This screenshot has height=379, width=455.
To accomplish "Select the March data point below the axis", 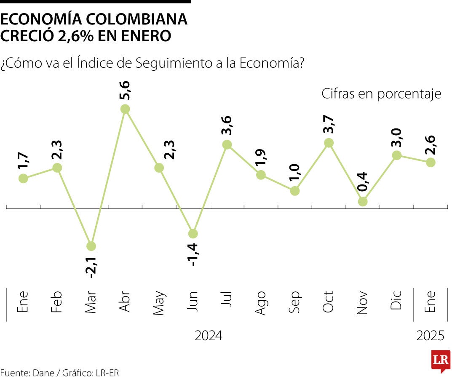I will pos(91,246).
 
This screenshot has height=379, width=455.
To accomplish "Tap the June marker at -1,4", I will pos(193,234).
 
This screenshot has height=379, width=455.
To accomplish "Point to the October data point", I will pos(329,143).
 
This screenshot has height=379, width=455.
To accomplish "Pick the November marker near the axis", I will pos(363,202).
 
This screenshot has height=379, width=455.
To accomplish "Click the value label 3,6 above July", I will pos(227,125).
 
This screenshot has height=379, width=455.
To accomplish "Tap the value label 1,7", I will pos(24,162).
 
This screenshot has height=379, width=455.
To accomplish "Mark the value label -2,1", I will pos(91,266).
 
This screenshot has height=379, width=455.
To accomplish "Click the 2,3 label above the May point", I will pos(159,149).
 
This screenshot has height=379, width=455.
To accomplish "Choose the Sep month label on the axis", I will pos(294,302).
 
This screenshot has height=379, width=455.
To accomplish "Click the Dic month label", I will pos(396,302).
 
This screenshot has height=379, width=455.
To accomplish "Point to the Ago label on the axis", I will pos(260,302).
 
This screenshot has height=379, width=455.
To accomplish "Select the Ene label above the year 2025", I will pos(430,302).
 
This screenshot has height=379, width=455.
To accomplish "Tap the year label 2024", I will pos(209,336).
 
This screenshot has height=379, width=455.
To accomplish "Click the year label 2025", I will pos(430,336).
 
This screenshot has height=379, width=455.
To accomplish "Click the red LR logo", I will pos(441,360).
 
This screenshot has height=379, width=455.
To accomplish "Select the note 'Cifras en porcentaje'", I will pos(381,93).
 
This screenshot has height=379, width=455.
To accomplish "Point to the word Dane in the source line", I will pos(43,373).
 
